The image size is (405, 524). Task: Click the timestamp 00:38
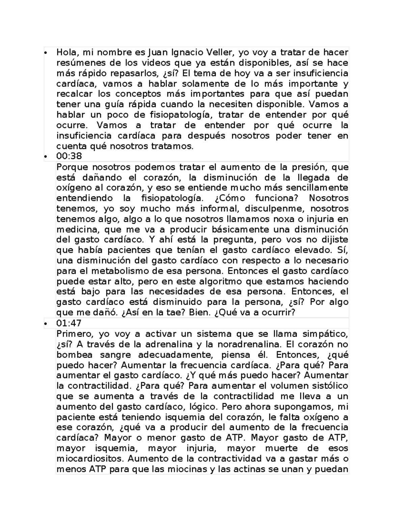[x=69, y=157]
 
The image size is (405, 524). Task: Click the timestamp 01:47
[x=69, y=323]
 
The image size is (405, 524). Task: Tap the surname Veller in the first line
[x=220, y=52]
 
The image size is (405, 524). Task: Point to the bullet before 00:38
[x=45, y=157]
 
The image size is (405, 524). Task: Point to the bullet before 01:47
[x=45, y=324]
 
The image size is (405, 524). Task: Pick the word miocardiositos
[x=90, y=459]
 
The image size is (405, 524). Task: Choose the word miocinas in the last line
[x=189, y=469]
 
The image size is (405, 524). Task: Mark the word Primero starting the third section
[x=74, y=334]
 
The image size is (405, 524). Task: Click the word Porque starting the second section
[x=73, y=167]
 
